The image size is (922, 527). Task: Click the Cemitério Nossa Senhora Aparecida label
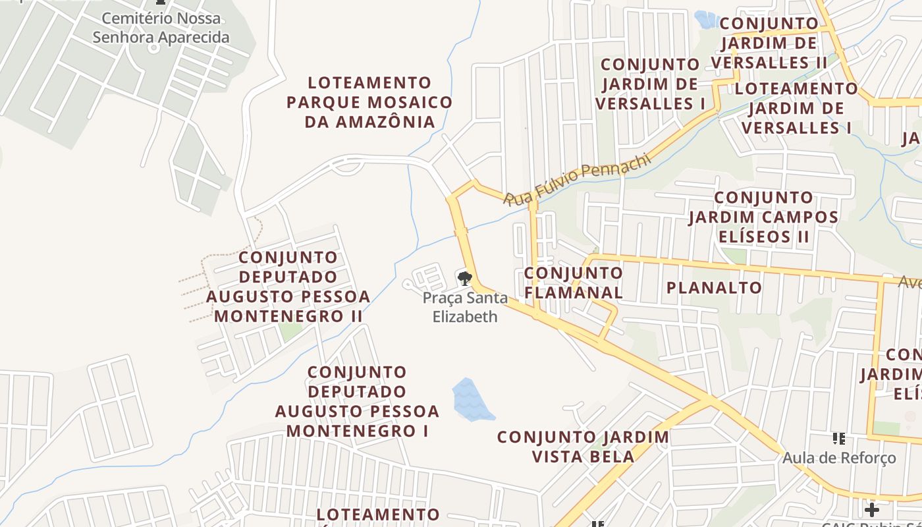point(161,28)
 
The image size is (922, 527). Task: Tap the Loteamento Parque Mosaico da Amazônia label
point(369,102)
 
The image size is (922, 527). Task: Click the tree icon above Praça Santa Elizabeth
point(465,278)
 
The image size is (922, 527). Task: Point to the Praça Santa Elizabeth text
point(465,307)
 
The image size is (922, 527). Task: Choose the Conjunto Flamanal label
point(573,283)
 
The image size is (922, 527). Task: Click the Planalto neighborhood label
point(714,287)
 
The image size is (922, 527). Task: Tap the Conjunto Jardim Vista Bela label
point(583,447)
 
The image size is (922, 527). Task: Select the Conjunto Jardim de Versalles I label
point(650,84)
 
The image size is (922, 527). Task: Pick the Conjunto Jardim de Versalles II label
point(769,43)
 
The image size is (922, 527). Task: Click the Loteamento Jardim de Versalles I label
point(797,108)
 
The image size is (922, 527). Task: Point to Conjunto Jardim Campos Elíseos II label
point(763,217)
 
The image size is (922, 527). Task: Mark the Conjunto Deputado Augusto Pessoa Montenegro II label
point(288,287)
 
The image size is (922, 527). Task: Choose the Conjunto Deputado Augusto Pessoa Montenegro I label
point(357,401)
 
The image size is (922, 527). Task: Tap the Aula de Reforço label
point(839,457)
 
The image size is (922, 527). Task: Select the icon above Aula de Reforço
point(839,438)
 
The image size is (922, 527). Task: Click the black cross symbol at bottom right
point(872,509)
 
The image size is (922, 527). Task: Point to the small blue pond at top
point(707,20)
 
